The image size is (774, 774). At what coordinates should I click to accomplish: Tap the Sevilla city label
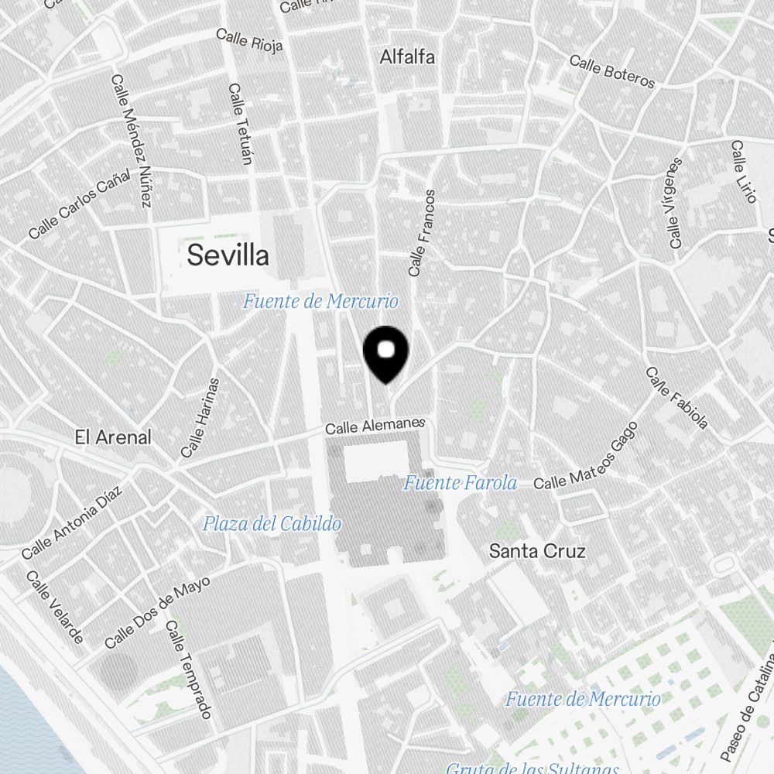coord(228,255)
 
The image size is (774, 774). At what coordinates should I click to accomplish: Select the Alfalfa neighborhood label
coord(407,57)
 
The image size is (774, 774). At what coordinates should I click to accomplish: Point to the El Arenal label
coord(113,437)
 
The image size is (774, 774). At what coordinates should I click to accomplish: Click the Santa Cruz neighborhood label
coord(537,551)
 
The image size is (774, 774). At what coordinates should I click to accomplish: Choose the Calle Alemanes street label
coord(375,426)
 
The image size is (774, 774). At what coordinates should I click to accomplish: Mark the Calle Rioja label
coord(249,40)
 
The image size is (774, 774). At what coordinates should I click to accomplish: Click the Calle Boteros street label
coord(612,71)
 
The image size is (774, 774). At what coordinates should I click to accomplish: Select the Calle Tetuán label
coord(241,124)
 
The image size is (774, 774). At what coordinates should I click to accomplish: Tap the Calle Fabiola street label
coord(677,398)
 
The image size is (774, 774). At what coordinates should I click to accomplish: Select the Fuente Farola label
coord(460,483)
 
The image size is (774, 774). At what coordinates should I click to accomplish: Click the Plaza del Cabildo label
coord(272,524)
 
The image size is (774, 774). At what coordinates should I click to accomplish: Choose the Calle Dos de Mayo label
coord(157,615)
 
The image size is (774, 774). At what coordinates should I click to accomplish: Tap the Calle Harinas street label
coord(200,417)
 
